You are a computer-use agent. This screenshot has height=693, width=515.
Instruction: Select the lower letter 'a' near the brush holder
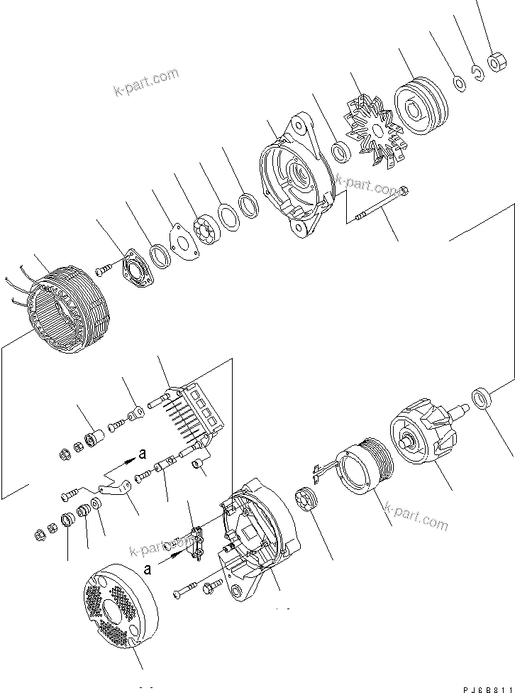(x=147, y=569)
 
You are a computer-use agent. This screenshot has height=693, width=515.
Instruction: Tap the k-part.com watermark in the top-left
(x=145, y=82)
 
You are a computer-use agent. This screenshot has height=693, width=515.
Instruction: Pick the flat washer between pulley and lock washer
(x=460, y=84)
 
